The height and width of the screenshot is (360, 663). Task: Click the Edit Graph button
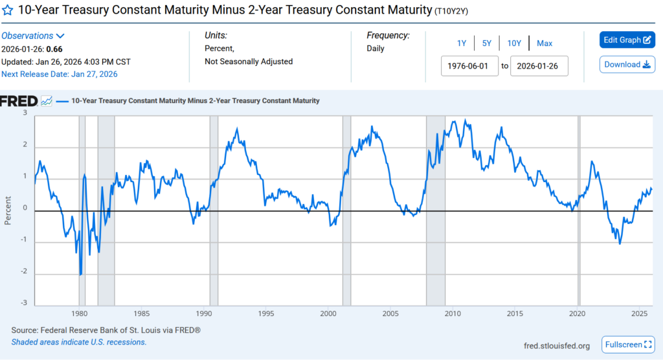tap(627, 40)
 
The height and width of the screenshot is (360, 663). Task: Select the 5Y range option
tap(486, 43)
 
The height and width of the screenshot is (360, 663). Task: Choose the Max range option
tap(545, 43)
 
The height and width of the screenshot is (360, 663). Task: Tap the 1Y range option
tap(462, 43)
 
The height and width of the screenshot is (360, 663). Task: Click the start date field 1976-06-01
tap(470, 65)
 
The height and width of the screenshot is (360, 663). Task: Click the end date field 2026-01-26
tap(539, 65)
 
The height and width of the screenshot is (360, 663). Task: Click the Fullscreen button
tap(628, 345)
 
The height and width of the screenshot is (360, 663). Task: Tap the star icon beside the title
tap(8, 10)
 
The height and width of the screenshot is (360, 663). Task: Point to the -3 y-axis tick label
tap(26, 303)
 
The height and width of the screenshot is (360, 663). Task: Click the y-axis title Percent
tap(8, 210)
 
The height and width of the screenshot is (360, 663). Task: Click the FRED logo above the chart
tap(19, 101)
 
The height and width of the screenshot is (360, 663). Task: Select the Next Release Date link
tap(60, 74)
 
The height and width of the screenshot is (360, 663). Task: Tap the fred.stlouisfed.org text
tap(557, 346)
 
